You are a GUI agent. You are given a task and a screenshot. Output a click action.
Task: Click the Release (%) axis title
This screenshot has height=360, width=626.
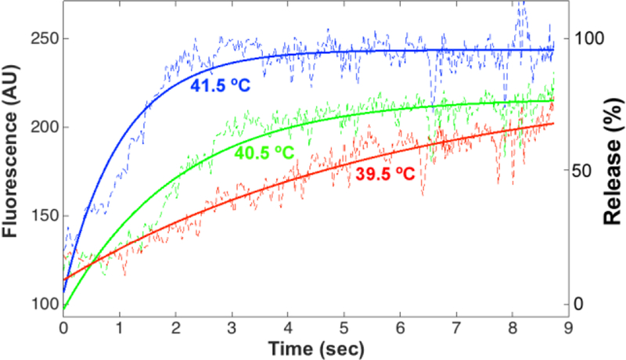(x=611, y=157)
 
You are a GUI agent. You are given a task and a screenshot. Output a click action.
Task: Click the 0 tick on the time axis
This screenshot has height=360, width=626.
(x=63, y=323)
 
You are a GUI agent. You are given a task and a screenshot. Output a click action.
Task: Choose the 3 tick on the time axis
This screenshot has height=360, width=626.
(x=232, y=323)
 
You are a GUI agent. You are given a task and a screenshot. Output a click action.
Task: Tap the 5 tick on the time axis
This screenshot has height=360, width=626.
(x=344, y=323)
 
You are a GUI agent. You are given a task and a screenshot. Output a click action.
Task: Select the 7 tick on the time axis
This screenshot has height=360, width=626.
(x=456, y=323)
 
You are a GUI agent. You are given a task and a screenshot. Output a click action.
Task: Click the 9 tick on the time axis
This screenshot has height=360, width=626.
(x=568, y=323)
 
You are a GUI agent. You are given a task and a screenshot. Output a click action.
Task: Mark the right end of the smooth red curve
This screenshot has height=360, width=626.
(x=553, y=124)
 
